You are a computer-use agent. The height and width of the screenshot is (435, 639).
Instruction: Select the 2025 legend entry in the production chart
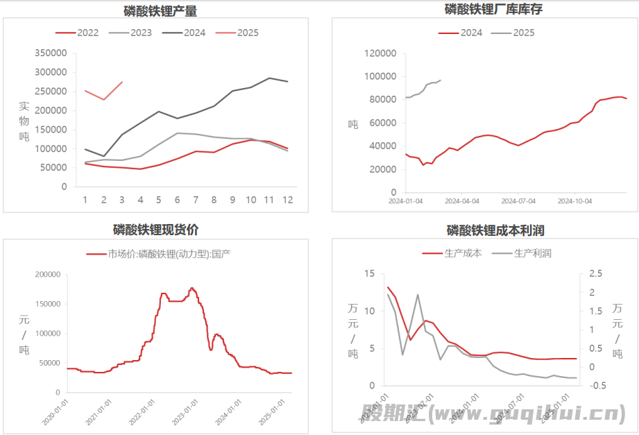tap(248, 33)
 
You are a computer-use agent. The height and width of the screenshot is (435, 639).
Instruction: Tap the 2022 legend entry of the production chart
tap(87, 33)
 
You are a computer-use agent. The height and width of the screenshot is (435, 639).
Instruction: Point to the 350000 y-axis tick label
tap(50, 53)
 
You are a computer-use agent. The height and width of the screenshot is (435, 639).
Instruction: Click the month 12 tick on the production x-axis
tap(287, 200)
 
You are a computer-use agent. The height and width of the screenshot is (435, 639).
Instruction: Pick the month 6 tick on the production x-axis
tap(177, 200)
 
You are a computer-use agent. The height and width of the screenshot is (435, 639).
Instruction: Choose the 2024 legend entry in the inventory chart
tap(471, 33)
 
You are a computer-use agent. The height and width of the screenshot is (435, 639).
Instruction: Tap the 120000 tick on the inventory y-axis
tap(380, 53)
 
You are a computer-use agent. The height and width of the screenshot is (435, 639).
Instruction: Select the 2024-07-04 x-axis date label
tap(518, 201)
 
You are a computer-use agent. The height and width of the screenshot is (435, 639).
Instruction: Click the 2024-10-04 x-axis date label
tap(575, 201)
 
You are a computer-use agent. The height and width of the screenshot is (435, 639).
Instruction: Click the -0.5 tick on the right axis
tap(591, 386)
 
